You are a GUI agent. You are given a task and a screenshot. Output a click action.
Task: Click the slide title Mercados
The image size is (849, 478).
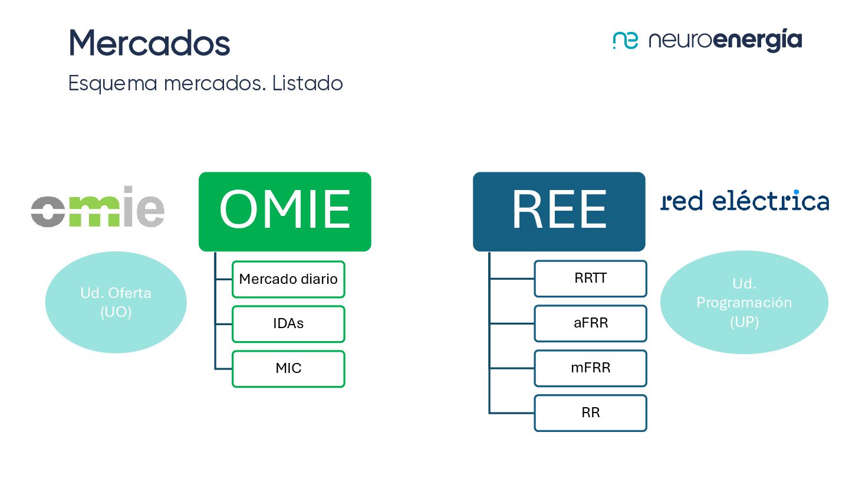(x=149, y=42)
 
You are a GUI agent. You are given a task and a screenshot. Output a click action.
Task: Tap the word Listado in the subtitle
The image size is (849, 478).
(x=308, y=83)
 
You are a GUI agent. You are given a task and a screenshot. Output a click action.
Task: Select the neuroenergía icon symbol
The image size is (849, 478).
(x=625, y=40)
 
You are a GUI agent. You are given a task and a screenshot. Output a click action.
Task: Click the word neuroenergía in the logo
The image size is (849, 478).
(x=725, y=40)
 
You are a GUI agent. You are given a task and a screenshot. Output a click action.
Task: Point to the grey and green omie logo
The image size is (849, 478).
(x=98, y=206)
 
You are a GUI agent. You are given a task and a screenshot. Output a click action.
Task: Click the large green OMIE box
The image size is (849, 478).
(x=285, y=211)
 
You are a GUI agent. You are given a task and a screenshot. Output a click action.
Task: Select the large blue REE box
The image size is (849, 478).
(x=559, y=211)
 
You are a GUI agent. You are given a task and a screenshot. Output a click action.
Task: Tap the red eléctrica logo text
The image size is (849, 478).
(x=745, y=201)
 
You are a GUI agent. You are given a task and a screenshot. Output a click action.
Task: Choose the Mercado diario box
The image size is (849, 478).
(x=288, y=279)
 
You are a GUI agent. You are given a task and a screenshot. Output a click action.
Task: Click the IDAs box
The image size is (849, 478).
(x=288, y=324)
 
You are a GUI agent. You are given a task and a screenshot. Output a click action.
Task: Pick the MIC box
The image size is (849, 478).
(x=288, y=369)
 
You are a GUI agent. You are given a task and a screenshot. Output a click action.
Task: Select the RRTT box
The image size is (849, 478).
(x=590, y=279)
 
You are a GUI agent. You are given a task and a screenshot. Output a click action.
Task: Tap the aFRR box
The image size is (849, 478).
(x=590, y=323)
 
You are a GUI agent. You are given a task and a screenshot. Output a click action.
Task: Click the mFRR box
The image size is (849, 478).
(x=590, y=368)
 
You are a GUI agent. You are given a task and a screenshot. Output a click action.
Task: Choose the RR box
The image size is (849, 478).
(x=590, y=413)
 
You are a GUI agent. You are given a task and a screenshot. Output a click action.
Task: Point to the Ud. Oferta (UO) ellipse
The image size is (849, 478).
(x=116, y=302)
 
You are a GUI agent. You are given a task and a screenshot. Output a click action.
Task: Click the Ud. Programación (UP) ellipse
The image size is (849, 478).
(x=744, y=302)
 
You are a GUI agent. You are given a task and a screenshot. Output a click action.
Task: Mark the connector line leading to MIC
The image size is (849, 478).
(x=223, y=369)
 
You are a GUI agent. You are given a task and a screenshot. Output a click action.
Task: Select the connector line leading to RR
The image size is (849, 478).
(x=512, y=413)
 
